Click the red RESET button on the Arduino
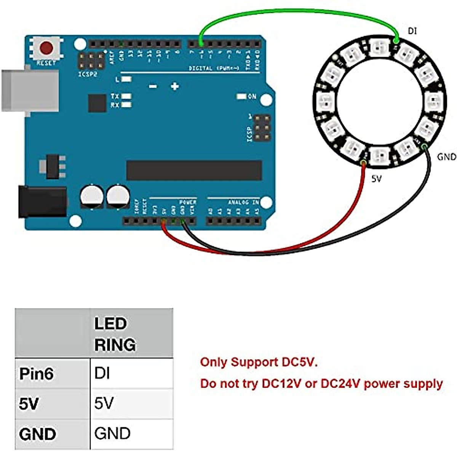46,48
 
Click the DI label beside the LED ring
412,31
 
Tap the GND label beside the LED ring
446,157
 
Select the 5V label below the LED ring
376,178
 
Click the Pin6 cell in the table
37,374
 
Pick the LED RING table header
115,334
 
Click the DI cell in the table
102,373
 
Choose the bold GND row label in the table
37,434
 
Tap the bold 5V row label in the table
29,404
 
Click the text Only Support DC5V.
259,362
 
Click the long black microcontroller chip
194,170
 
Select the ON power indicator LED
241,97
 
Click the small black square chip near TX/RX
97,103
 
